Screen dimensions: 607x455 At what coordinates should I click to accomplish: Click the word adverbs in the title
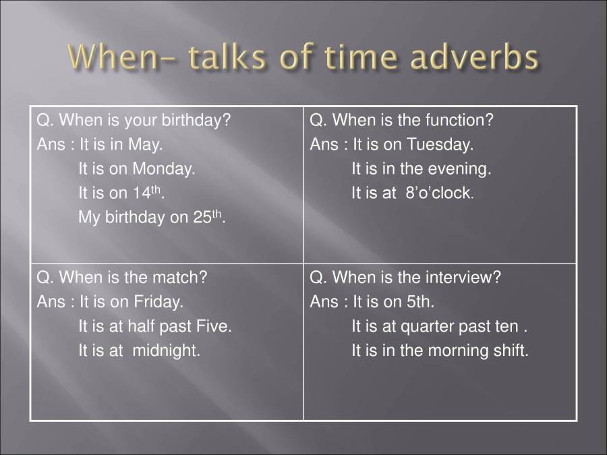(474, 57)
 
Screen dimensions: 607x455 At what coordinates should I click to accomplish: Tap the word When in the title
(113, 57)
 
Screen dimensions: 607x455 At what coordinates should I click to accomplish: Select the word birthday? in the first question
(196, 120)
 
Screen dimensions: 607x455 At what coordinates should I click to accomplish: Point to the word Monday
(164, 169)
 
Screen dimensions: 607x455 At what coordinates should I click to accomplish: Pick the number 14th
(148, 192)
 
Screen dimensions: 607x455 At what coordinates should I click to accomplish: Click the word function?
(459, 120)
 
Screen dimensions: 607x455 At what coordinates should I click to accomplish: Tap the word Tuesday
(440, 144)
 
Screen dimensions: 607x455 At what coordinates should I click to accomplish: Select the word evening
(459, 169)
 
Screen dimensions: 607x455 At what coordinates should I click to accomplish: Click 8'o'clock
(439, 193)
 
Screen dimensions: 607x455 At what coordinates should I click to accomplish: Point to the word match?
(180, 277)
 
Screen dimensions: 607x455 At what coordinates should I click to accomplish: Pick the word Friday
(158, 302)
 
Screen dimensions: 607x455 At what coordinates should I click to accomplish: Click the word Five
(214, 326)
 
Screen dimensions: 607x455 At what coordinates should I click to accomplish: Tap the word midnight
(167, 351)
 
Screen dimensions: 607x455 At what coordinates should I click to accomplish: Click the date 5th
(420, 301)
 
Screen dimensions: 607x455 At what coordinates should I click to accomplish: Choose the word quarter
(428, 326)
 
